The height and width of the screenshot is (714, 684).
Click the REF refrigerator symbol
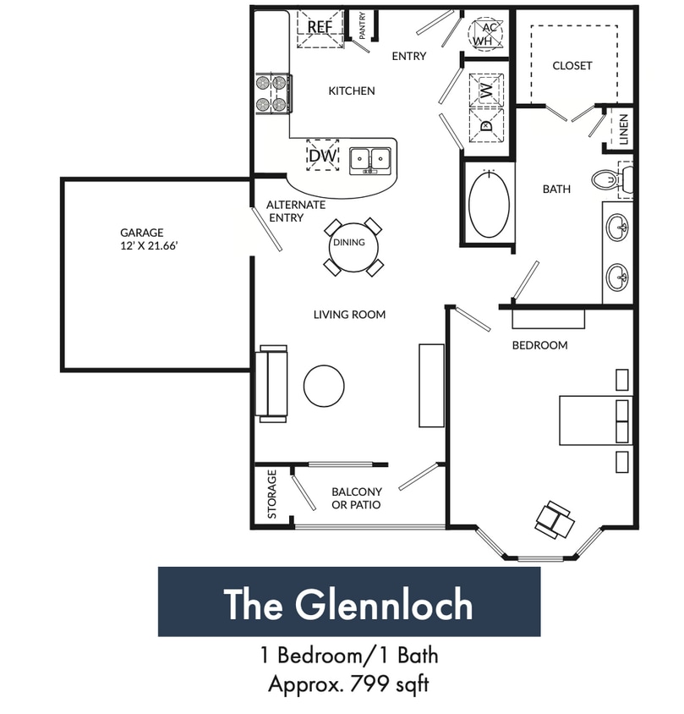(320, 26)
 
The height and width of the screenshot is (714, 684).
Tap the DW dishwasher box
(322, 156)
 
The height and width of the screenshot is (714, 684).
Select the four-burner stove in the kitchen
(274, 94)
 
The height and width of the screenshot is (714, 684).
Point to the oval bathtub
(489, 204)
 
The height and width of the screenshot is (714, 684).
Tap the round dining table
(348, 243)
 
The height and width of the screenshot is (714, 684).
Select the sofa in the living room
(273, 383)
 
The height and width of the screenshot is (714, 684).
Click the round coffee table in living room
(324, 386)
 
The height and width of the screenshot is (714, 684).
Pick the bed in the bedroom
(595, 420)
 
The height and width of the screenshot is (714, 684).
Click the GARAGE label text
(141, 233)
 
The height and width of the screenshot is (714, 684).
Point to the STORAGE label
(271, 494)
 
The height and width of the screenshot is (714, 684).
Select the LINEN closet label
(623, 129)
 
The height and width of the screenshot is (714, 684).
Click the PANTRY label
(362, 25)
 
